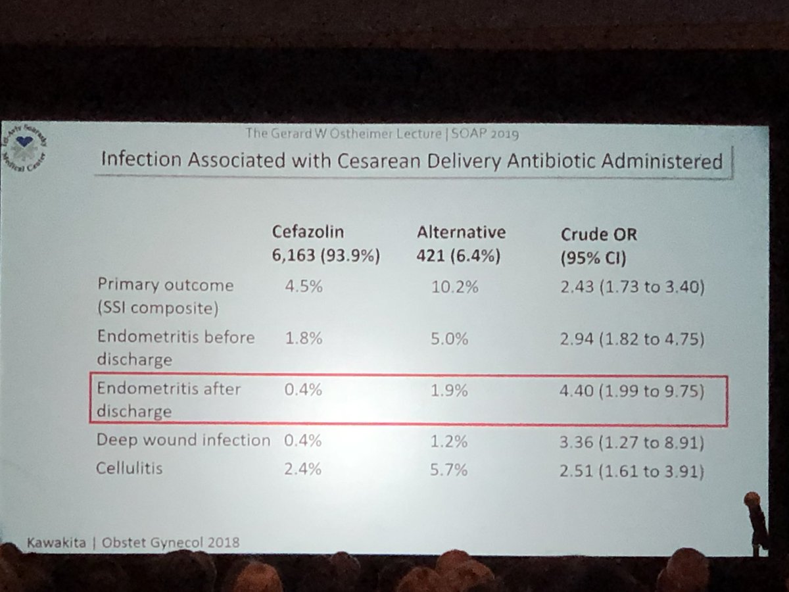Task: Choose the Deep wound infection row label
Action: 183,441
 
